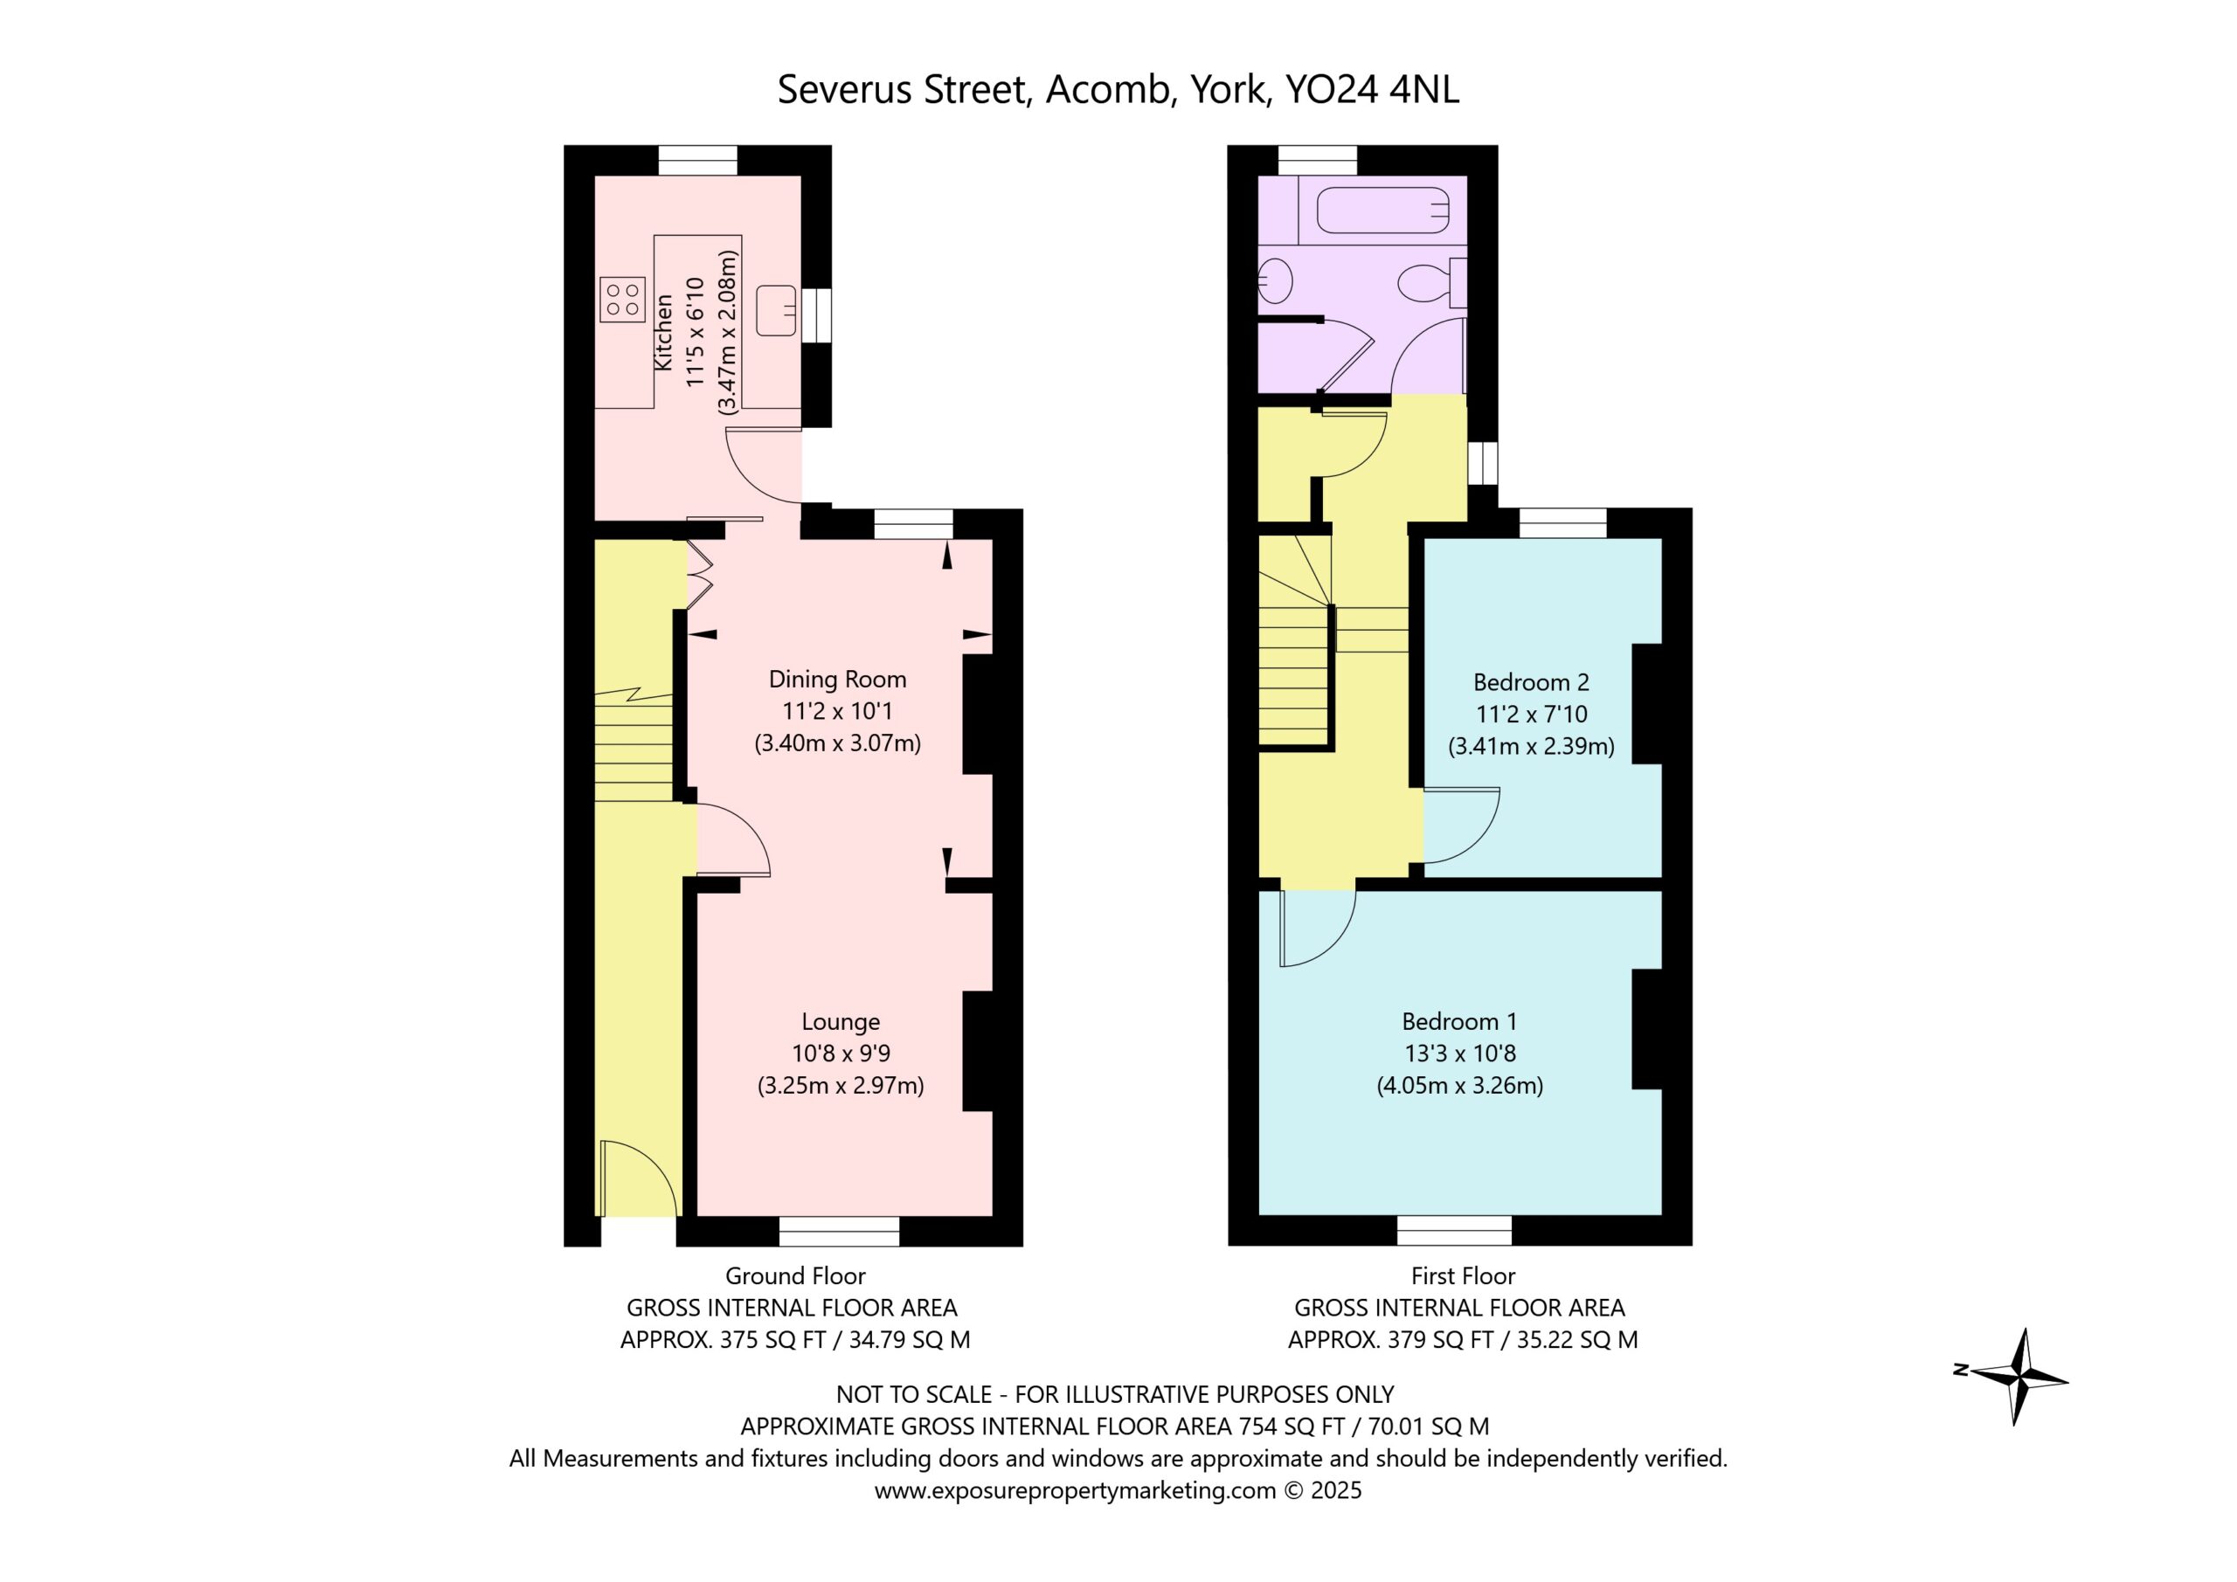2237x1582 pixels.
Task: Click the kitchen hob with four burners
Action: click(x=622, y=300)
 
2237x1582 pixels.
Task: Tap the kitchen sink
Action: click(x=777, y=310)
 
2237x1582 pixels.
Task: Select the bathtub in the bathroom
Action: click(x=1382, y=211)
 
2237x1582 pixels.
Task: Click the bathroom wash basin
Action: click(x=1274, y=281)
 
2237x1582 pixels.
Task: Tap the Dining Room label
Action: click(x=838, y=679)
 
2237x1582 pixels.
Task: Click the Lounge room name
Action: click(x=841, y=1021)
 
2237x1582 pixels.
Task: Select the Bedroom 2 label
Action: click(x=1531, y=682)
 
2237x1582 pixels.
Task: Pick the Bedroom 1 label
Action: click(x=1459, y=1021)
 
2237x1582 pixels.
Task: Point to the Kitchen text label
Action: click(x=663, y=332)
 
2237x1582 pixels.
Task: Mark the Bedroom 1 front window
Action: click(x=1455, y=1230)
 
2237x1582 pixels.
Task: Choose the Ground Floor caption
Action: click(x=795, y=1275)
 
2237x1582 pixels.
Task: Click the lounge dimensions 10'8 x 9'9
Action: click(x=841, y=1053)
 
